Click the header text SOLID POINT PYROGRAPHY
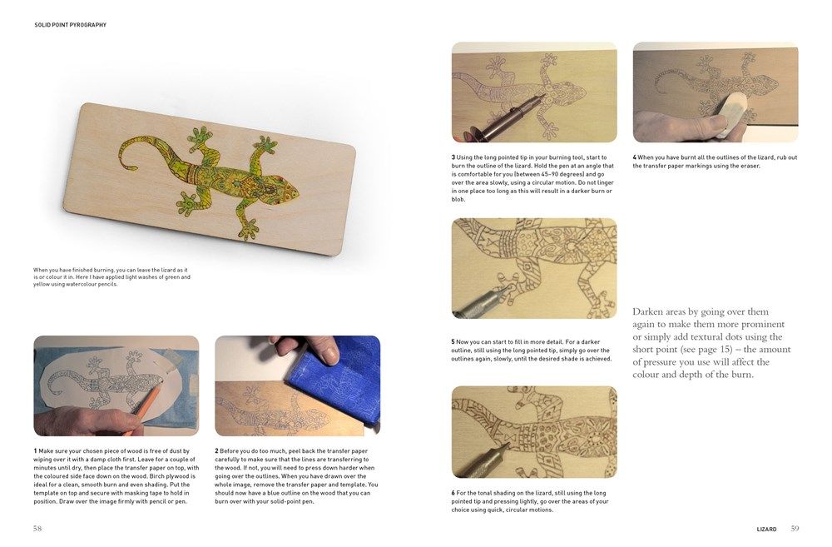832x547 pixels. coord(70,25)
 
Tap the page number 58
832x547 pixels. coord(38,528)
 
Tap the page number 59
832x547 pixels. coord(795,528)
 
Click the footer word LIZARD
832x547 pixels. coord(766,529)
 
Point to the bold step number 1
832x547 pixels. coord(35,450)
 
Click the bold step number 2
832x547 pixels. coord(216,450)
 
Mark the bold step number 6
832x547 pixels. coord(453,493)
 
